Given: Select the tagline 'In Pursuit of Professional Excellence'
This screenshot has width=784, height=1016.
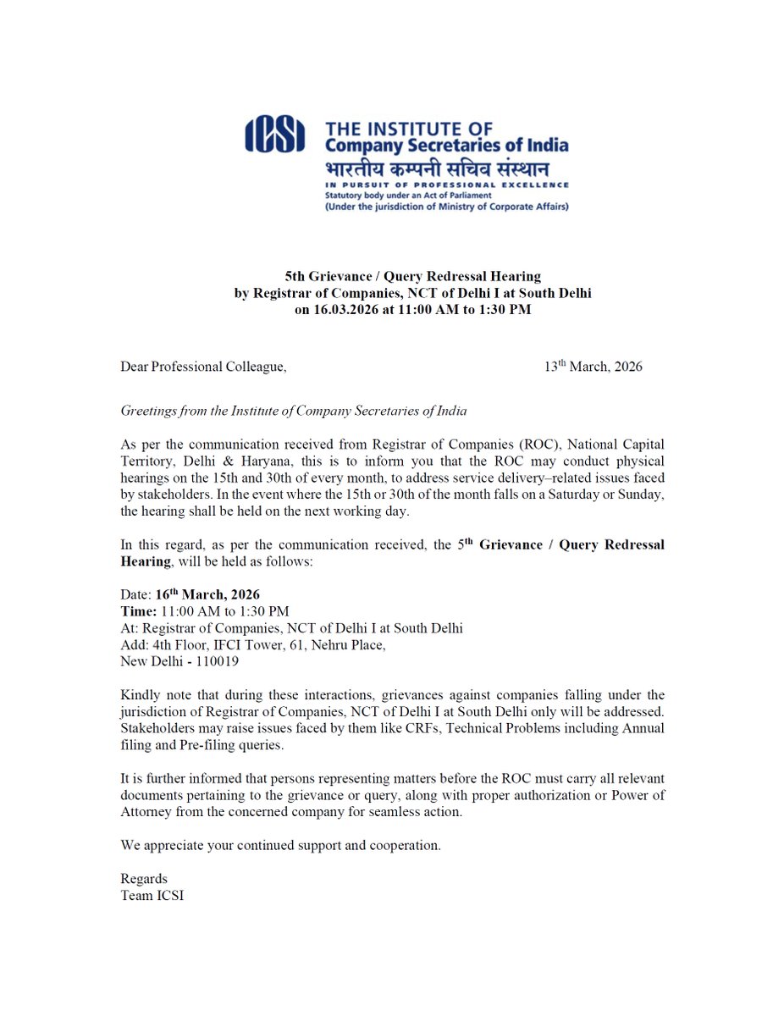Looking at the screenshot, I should pyautogui.click(x=446, y=184).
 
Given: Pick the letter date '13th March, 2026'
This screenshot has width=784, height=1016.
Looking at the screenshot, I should pyautogui.click(x=593, y=367).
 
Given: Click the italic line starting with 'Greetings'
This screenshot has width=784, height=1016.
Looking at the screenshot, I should pyautogui.click(x=294, y=411).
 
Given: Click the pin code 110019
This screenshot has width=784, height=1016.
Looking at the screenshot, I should pyautogui.click(x=215, y=661).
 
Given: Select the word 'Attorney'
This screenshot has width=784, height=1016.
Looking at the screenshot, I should pyautogui.click(x=146, y=810).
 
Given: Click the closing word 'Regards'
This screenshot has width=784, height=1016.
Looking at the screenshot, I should pyautogui.click(x=144, y=878).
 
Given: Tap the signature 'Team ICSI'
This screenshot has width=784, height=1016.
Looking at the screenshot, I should pyautogui.click(x=152, y=895).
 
